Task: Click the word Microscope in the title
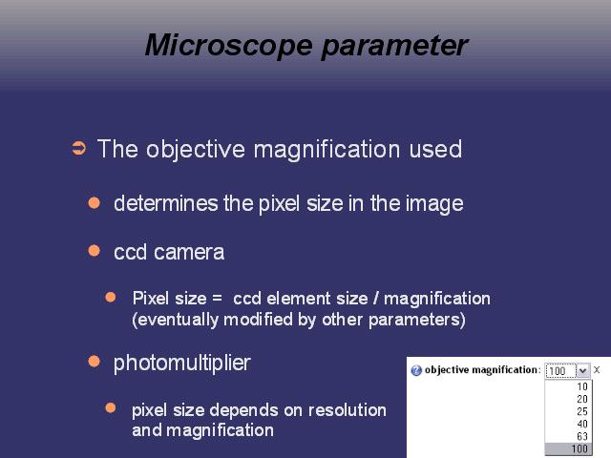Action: pos(229,46)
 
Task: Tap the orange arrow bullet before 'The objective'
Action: pos(79,149)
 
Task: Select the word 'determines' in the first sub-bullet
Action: pos(166,203)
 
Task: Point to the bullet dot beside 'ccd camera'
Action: pos(95,250)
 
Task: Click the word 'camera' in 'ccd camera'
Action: pos(189,252)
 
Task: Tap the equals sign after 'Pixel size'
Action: pos(217,299)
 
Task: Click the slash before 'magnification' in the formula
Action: pos(375,299)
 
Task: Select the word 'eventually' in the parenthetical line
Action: pos(179,321)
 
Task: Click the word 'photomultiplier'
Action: pos(182,364)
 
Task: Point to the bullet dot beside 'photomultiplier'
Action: pos(95,362)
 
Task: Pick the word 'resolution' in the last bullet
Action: pos(348,410)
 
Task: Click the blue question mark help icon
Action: pos(416,370)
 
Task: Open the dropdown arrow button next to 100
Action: pos(583,370)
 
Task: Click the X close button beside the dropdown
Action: pos(597,370)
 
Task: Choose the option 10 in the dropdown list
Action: pos(582,386)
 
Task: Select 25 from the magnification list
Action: pos(582,411)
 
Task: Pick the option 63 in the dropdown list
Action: pos(582,436)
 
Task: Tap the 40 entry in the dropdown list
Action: pos(582,424)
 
